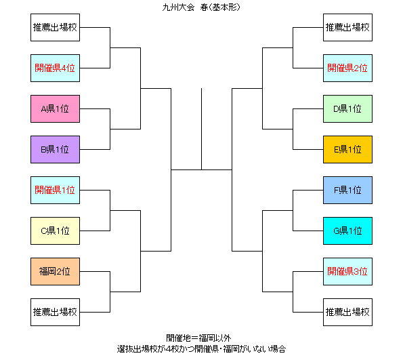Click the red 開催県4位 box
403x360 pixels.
[55, 68]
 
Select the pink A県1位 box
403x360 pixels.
[55, 109]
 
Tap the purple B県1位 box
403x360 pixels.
[55, 150]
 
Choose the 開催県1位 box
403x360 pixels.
[55, 190]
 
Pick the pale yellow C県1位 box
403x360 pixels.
[55, 231]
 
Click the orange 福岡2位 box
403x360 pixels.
[55, 271]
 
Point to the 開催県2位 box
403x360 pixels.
[347, 68]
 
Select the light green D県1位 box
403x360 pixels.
[347, 109]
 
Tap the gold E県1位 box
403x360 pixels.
[347, 150]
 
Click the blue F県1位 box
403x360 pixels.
[347, 190]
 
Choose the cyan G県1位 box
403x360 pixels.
[347, 231]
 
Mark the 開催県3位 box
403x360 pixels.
[347, 271]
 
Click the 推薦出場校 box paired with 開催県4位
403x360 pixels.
[55, 28]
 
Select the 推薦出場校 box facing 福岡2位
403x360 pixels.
[55, 312]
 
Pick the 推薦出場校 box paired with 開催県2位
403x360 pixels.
[347, 28]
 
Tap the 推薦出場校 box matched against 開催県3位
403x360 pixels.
[347, 312]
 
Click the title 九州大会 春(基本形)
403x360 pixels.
[201, 7]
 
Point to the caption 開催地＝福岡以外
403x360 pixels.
[198, 338]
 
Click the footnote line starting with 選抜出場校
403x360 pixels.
[201, 349]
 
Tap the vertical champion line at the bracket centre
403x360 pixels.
[202, 129]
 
